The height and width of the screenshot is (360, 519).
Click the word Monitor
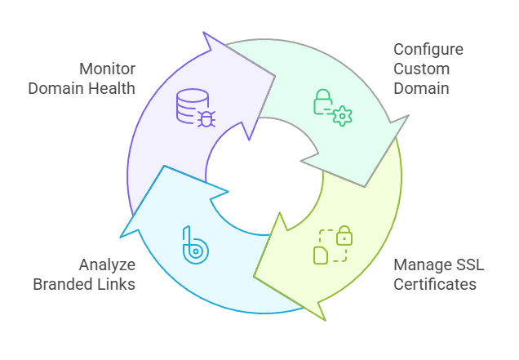pos(108,69)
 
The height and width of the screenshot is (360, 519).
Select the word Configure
pos(428,49)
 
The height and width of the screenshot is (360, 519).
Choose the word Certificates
pos(434,284)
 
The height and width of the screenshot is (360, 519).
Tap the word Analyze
pos(107,264)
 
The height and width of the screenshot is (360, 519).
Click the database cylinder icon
pos(188,105)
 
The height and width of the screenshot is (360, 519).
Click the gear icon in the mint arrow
pos(343,116)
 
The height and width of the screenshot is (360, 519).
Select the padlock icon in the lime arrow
pos(344,237)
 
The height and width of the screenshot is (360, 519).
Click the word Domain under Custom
pos(421,88)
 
